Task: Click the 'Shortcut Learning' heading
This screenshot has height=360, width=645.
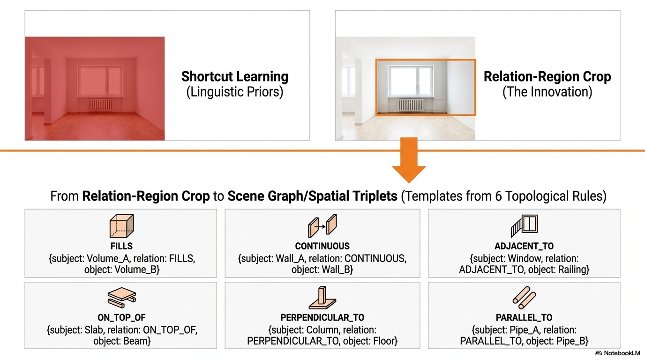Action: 235,76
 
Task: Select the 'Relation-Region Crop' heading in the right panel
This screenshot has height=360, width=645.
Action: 547,76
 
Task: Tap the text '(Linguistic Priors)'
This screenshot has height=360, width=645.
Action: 235,92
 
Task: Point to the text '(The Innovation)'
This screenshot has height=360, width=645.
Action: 547,92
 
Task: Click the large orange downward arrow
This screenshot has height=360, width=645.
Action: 409,162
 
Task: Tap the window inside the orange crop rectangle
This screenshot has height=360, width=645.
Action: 411,82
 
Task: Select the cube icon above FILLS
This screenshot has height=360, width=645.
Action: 121,226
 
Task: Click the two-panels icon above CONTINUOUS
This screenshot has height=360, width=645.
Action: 322,226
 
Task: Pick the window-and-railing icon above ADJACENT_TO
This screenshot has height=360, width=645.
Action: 524,226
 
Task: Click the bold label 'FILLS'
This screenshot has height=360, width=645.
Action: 121,246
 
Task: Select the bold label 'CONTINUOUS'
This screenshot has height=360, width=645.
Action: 322,246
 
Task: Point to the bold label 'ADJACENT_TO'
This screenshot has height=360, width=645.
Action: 524,246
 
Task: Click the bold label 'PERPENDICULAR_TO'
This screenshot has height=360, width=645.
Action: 322,318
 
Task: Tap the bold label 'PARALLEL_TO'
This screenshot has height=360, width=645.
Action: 524,318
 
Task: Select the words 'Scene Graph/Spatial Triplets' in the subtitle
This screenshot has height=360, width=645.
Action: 313,196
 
